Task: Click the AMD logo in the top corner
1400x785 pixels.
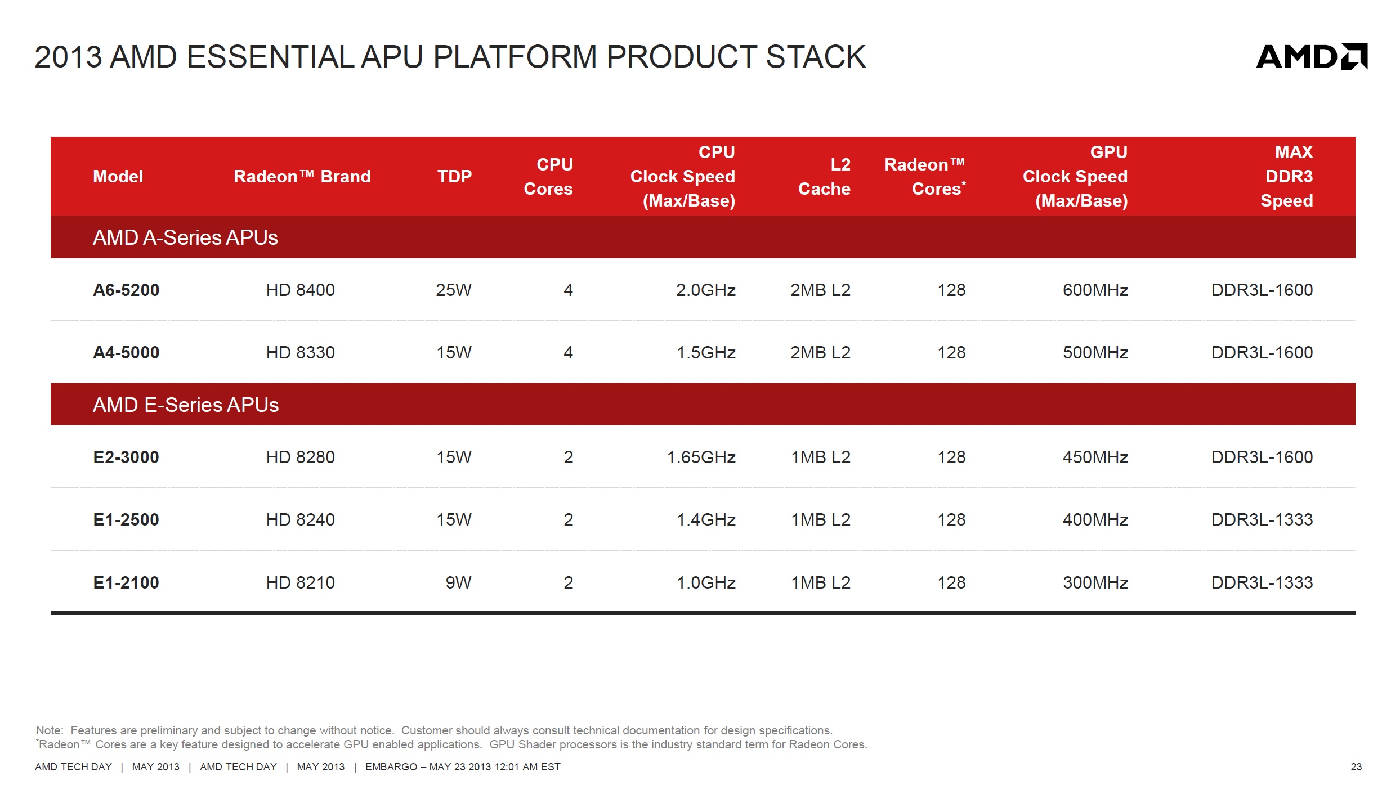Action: coord(1312,56)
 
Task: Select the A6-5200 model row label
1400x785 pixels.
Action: coord(126,290)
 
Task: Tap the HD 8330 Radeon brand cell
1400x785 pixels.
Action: coord(301,353)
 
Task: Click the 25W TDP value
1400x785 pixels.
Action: coord(454,290)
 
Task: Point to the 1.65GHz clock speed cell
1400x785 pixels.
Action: coord(701,457)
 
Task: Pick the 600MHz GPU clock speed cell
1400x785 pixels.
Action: coord(1095,290)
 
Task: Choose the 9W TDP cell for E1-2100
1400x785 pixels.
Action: coord(459,583)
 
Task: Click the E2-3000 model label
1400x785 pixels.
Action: coord(126,457)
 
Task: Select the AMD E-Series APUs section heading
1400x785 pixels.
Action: coord(186,405)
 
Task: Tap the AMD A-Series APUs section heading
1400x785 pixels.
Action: coord(185,238)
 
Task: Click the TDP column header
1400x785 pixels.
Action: coord(455,177)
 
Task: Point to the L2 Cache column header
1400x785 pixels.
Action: coord(825,177)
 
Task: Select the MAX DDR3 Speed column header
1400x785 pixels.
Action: coord(1287,177)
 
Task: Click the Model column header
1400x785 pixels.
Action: coord(118,177)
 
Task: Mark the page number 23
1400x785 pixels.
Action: coord(1356,767)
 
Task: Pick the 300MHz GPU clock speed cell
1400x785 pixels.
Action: coord(1095,583)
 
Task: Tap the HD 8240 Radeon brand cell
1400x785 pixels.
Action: coord(301,520)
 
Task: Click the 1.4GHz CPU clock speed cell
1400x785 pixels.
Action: coord(706,520)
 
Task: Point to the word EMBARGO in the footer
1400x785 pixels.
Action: coord(391,767)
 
